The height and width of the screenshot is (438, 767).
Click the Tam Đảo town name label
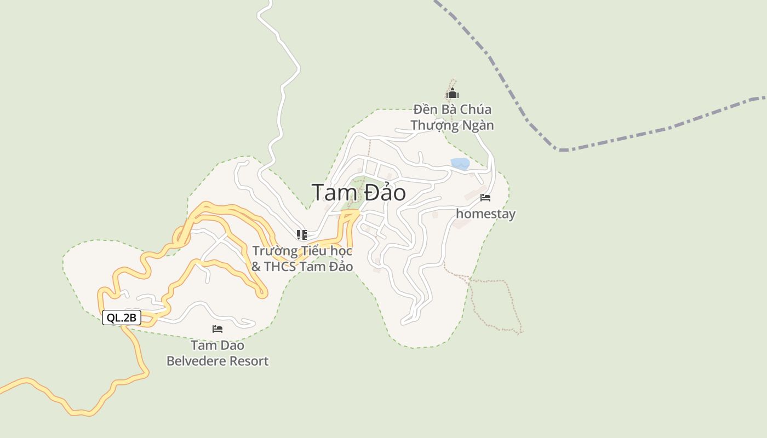(x=359, y=193)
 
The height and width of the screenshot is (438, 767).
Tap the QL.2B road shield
(x=122, y=318)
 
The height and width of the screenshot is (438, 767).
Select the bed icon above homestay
(x=485, y=198)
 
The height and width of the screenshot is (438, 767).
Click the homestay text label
(x=485, y=214)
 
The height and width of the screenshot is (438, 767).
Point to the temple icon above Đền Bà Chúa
(x=452, y=94)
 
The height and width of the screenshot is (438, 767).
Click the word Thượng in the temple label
(x=434, y=125)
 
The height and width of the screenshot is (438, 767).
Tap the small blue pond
(x=460, y=163)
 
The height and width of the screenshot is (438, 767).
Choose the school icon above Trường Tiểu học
(x=301, y=235)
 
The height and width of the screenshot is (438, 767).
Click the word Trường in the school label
(x=274, y=251)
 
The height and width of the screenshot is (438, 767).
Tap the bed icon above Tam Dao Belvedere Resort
(x=217, y=329)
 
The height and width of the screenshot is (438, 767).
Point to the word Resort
(x=249, y=361)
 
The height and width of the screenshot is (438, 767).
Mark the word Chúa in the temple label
(x=476, y=109)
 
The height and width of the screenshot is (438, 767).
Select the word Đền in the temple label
(x=424, y=109)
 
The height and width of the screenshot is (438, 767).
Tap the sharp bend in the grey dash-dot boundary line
(x=558, y=149)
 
